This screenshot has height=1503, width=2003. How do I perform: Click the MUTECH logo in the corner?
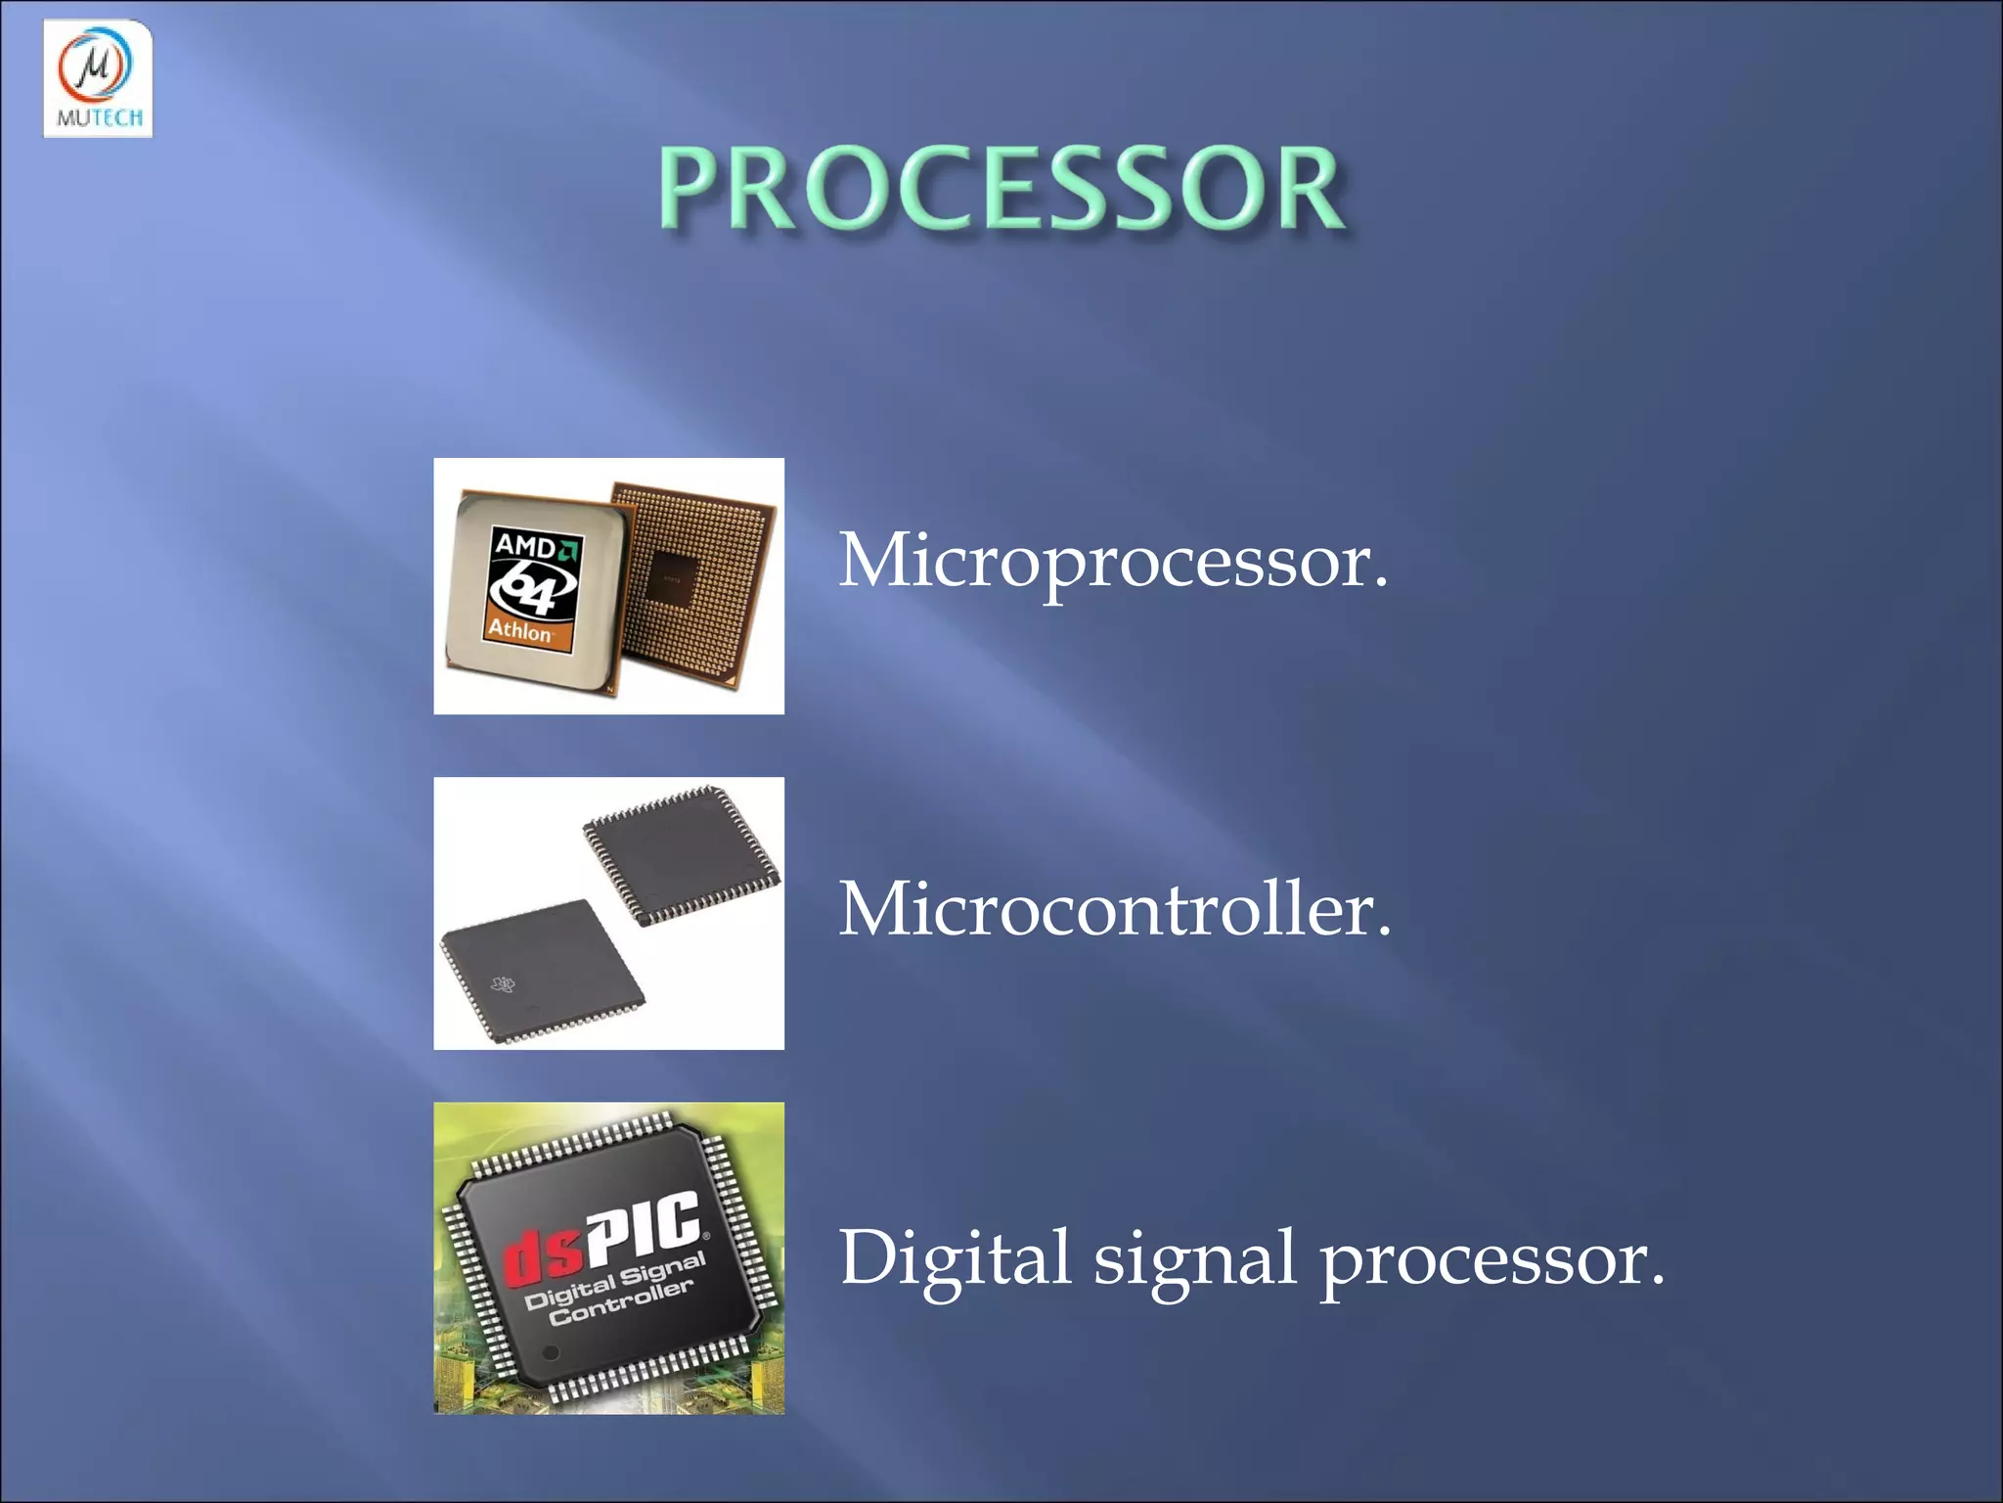pos(98,78)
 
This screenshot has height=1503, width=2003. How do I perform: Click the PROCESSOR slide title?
pos(1001,188)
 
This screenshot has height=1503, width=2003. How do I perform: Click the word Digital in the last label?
pos(956,1258)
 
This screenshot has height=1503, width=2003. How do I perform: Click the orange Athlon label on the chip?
pos(520,630)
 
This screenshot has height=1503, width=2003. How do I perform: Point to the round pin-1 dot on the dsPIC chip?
pos(551,1352)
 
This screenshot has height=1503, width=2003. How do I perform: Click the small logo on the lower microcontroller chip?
pos(503,983)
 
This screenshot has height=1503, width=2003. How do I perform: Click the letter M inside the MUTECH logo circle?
pos(96,66)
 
